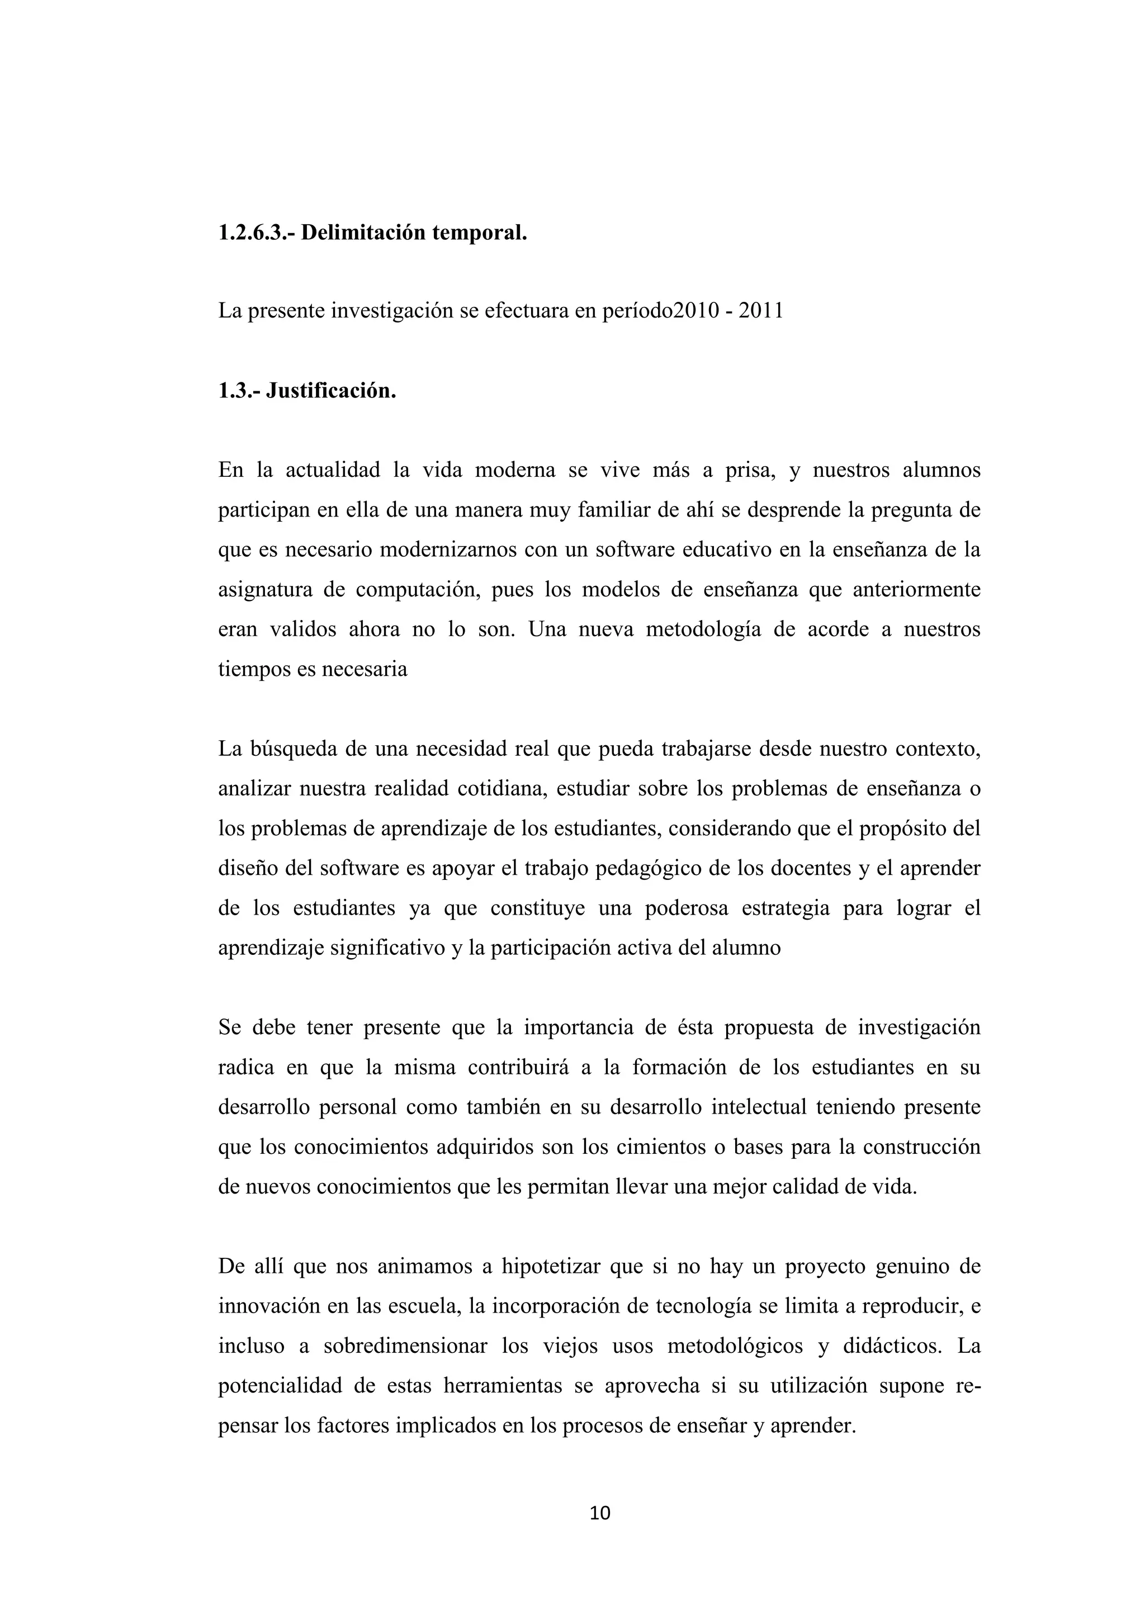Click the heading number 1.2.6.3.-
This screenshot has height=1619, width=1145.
(257, 233)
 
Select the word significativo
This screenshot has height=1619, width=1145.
(389, 948)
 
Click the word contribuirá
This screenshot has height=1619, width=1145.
(518, 1068)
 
